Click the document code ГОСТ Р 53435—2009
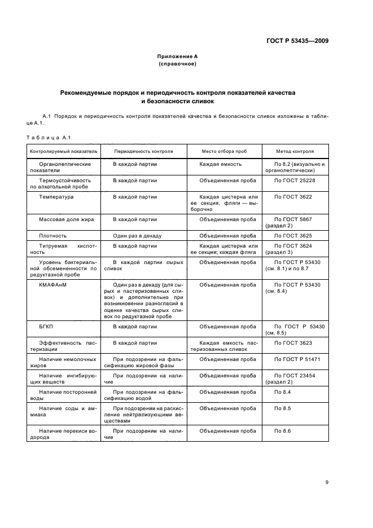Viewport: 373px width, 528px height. click(297, 41)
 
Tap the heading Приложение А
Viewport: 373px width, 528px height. click(178, 56)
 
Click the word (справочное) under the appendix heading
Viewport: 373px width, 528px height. click(178, 64)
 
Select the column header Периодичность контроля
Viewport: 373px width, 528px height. click(143, 152)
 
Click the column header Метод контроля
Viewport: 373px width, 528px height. click(295, 152)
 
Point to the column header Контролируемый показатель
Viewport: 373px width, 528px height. click(64, 152)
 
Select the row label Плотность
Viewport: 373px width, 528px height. click(53, 235)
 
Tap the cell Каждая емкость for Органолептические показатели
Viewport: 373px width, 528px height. click(220, 164)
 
